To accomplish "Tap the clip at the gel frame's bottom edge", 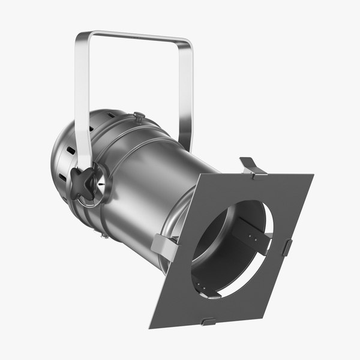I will [x=208, y=322].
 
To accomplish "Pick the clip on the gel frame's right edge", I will [x=287, y=247].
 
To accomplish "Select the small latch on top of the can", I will [x=139, y=116].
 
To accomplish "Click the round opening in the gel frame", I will [x=231, y=249].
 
